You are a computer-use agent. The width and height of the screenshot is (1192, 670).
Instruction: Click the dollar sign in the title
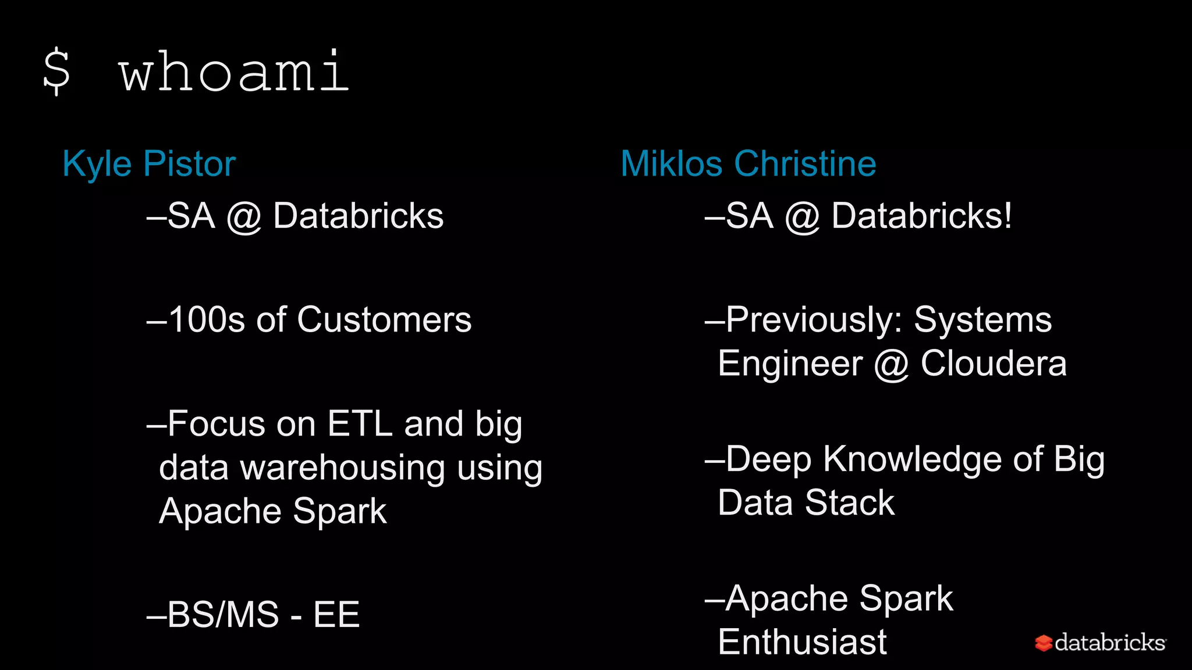coord(57,72)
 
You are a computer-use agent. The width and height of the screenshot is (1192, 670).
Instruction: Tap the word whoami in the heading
coord(234,72)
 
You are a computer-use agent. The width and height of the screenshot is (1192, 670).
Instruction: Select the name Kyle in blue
coord(97,164)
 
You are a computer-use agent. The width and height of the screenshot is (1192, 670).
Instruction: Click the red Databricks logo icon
coord(1044,643)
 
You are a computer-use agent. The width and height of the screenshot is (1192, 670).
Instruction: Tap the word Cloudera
coord(994,363)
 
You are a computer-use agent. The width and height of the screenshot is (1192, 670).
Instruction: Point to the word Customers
coord(384,320)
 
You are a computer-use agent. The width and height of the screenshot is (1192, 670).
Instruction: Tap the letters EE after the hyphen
coord(336,615)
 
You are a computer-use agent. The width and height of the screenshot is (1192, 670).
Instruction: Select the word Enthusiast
coord(802,642)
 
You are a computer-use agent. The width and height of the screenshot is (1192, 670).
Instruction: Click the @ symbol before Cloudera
coord(891,365)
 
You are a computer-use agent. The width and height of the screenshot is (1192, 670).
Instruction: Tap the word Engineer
coord(790,363)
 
